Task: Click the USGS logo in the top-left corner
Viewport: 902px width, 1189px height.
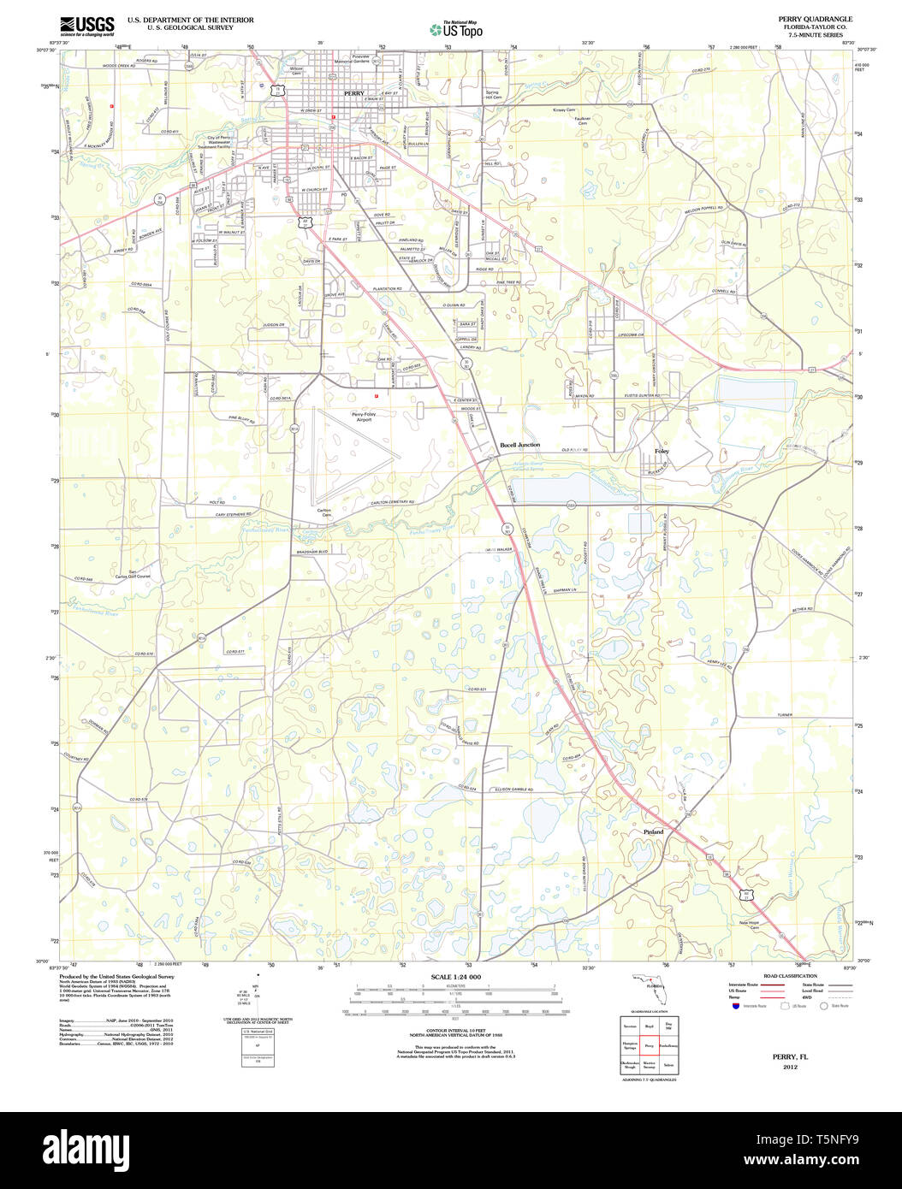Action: [x=86, y=27]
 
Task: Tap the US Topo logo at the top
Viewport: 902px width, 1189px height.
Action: [x=455, y=29]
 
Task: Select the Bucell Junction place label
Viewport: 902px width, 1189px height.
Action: [x=519, y=446]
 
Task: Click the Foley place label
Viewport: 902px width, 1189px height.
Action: [x=662, y=451]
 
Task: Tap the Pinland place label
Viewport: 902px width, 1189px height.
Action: [x=653, y=831]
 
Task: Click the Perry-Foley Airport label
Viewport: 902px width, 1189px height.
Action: [x=364, y=417]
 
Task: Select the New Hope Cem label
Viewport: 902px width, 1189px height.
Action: [x=749, y=926]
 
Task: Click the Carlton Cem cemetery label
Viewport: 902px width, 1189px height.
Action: [x=325, y=512]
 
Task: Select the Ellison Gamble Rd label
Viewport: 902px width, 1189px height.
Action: [x=514, y=790]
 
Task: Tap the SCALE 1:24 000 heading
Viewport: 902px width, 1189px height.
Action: [x=455, y=977]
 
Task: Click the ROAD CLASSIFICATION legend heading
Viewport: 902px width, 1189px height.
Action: [x=789, y=976]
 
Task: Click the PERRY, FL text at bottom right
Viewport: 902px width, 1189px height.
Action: [x=789, y=1056]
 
